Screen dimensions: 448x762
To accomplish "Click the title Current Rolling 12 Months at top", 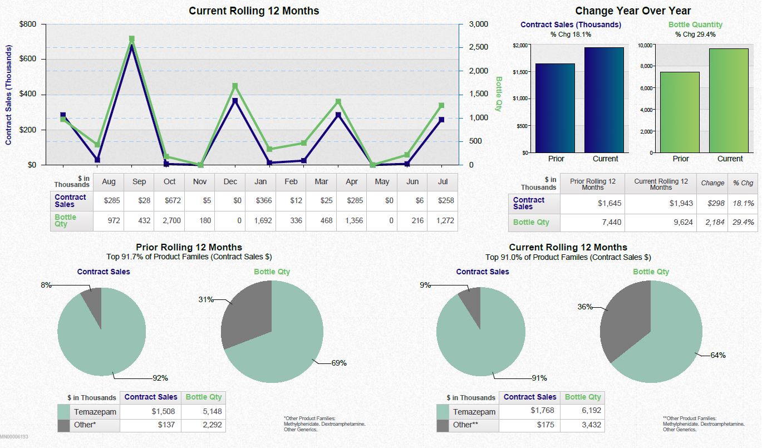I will [254, 11].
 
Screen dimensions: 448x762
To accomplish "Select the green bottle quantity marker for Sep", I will [132, 39].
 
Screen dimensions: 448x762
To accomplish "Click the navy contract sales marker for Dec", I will [235, 101].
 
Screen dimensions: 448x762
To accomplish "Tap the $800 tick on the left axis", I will [28, 24].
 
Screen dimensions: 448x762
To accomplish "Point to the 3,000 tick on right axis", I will [478, 24].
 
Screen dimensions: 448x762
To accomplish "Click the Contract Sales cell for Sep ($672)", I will [170, 200].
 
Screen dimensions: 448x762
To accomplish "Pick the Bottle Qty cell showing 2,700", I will [170, 221].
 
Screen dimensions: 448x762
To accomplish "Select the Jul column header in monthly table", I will [443, 181].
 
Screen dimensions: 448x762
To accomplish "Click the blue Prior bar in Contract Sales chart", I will [555, 108].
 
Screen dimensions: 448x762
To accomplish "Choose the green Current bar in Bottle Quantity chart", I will [729, 100].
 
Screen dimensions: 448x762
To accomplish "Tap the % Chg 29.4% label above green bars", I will [695, 35].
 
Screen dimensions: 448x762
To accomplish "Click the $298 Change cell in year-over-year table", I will [716, 203].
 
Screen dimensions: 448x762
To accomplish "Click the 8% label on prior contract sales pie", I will [46, 285].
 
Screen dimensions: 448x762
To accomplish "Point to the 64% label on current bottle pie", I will [717, 355].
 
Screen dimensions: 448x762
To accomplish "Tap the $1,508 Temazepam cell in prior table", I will [163, 411].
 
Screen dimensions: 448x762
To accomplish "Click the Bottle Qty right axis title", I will [499, 94].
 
